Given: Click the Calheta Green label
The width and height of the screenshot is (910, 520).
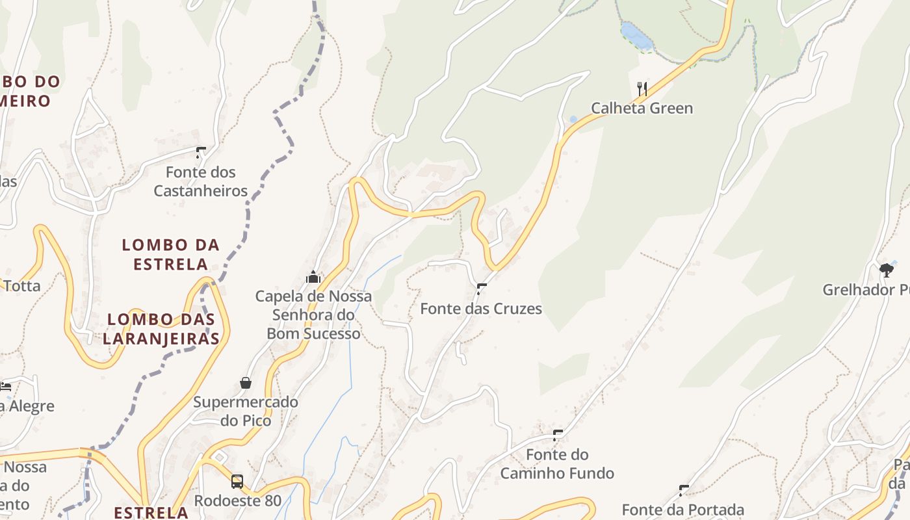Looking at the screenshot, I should click(x=642, y=108).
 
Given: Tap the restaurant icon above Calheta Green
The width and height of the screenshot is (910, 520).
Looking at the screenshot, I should click(x=642, y=88).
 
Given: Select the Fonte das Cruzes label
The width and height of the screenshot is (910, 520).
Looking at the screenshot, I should click(x=481, y=308).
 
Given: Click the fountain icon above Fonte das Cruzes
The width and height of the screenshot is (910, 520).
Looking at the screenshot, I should click(x=482, y=289).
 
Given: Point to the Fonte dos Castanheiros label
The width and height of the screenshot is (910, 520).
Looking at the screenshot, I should click(x=201, y=181).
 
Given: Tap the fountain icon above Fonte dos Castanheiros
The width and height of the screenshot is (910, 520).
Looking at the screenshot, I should click(x=201, y=153).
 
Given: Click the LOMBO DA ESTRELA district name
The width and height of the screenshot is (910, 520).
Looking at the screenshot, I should click(x=171, y=254).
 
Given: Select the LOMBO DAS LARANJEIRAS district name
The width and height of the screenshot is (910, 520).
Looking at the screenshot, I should click(x=161, y=329).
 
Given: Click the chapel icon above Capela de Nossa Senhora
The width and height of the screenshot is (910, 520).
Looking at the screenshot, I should click(x=313, y=277).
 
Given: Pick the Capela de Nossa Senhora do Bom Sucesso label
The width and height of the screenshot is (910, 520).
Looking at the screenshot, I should click(x=313, y=315).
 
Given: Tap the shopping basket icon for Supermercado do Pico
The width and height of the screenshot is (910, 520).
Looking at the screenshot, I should click(x=246, y=383).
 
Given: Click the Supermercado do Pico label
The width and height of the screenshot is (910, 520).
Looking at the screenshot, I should click(x=246, y=411).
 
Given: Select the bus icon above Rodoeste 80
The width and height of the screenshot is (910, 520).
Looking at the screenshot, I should click(x=237, y=482).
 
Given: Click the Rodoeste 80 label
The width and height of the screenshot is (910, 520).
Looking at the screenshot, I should click(x=238, y=500).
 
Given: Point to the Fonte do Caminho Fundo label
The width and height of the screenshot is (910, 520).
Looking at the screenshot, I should click(x=557, y=463).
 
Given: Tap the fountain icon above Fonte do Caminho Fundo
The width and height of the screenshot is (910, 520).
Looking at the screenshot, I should click(x=557, y=435).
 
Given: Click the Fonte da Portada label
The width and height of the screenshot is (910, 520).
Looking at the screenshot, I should click(x=682, y=510).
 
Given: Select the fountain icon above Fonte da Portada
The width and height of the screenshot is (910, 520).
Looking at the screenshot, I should click(x=684, y=490).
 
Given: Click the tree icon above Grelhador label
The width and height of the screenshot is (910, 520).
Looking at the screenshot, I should click(x=886, y=270).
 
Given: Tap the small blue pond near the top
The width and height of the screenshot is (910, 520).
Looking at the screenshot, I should click(x=636, y=36).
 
